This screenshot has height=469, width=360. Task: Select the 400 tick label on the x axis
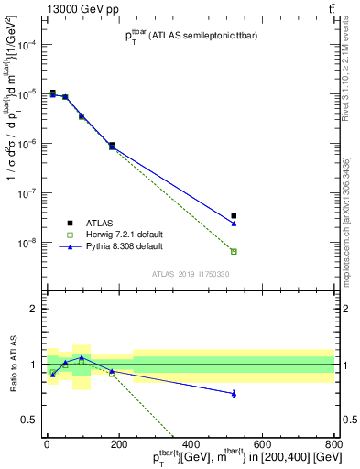[x=190, y=444]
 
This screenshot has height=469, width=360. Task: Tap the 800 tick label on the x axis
[x=333, y=444]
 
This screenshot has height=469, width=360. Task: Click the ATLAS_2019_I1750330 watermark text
[x=191, y=274]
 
